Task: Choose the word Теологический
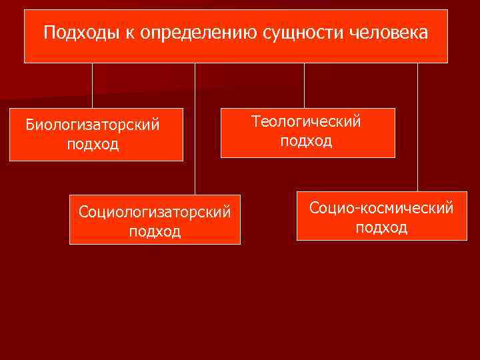pos(306,122)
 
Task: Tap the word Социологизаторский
pos(155,212)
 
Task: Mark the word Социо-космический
pos(381,208)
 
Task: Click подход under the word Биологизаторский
pos(93,145)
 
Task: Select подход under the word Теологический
pos(306,141)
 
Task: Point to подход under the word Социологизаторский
pos(155,231)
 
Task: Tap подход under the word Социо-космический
pos(381,227)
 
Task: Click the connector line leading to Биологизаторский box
pos(93,85)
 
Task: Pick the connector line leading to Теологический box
pos(304,85)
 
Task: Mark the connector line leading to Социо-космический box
pos(417,127)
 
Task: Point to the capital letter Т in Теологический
pos(256,121)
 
